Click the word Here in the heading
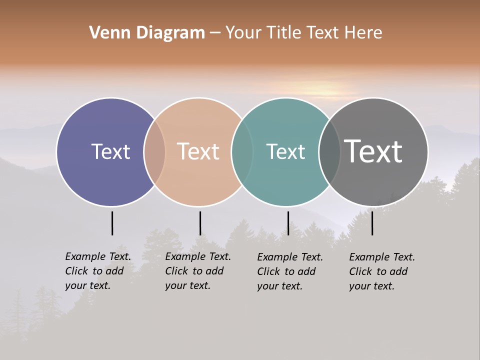tap(364, 33)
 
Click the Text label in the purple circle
tap(110, 151)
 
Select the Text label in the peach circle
tap(198, 151)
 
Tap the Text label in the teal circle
tap(285, 151)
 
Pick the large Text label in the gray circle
tap(373, 151)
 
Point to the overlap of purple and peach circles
tap(154, 151)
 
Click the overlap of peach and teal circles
tap(242, 151)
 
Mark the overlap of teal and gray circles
tap(329, 151)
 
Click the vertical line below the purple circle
tap(112, 223)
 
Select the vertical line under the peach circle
tap(200, 223)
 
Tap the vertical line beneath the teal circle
tap(288, 223)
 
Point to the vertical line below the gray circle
tap(372, 223)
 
